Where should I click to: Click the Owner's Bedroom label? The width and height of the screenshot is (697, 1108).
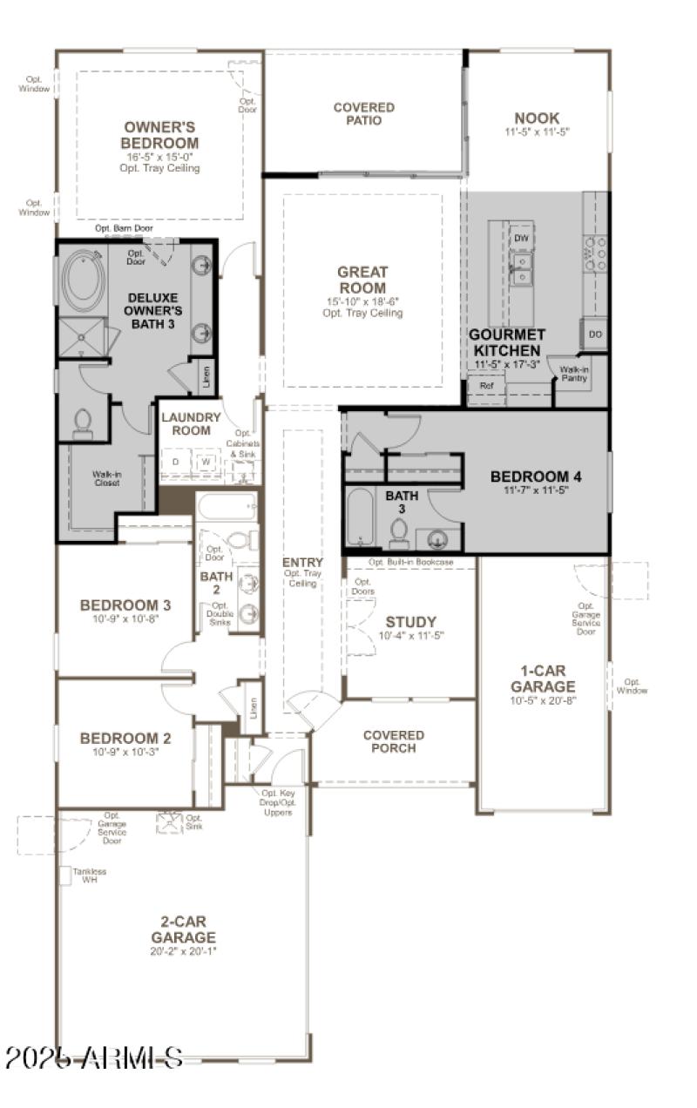159,135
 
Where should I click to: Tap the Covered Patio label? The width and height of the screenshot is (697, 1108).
363,113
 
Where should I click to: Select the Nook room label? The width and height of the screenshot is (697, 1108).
537,118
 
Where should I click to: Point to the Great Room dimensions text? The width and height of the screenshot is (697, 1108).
362,301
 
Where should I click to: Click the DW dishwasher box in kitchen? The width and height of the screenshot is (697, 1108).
521,238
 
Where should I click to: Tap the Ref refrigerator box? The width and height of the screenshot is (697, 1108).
486,385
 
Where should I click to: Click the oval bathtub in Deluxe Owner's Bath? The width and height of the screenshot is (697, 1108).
84,280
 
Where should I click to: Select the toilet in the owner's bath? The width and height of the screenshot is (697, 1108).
84,422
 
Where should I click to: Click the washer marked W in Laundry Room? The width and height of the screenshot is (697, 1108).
206,462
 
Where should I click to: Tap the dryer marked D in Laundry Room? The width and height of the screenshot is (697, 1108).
175,462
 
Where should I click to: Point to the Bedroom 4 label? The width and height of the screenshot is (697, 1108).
535,476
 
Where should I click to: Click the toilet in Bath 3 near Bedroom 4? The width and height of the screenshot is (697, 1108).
400,530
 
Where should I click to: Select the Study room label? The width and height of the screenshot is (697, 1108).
410,622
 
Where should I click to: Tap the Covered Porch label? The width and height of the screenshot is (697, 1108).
394,741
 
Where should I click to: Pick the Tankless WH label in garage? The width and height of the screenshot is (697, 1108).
83,875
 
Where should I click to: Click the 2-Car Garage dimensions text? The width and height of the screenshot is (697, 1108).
183,951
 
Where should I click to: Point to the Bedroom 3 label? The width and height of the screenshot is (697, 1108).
125,605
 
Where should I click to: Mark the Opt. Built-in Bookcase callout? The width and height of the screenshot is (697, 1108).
410,563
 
